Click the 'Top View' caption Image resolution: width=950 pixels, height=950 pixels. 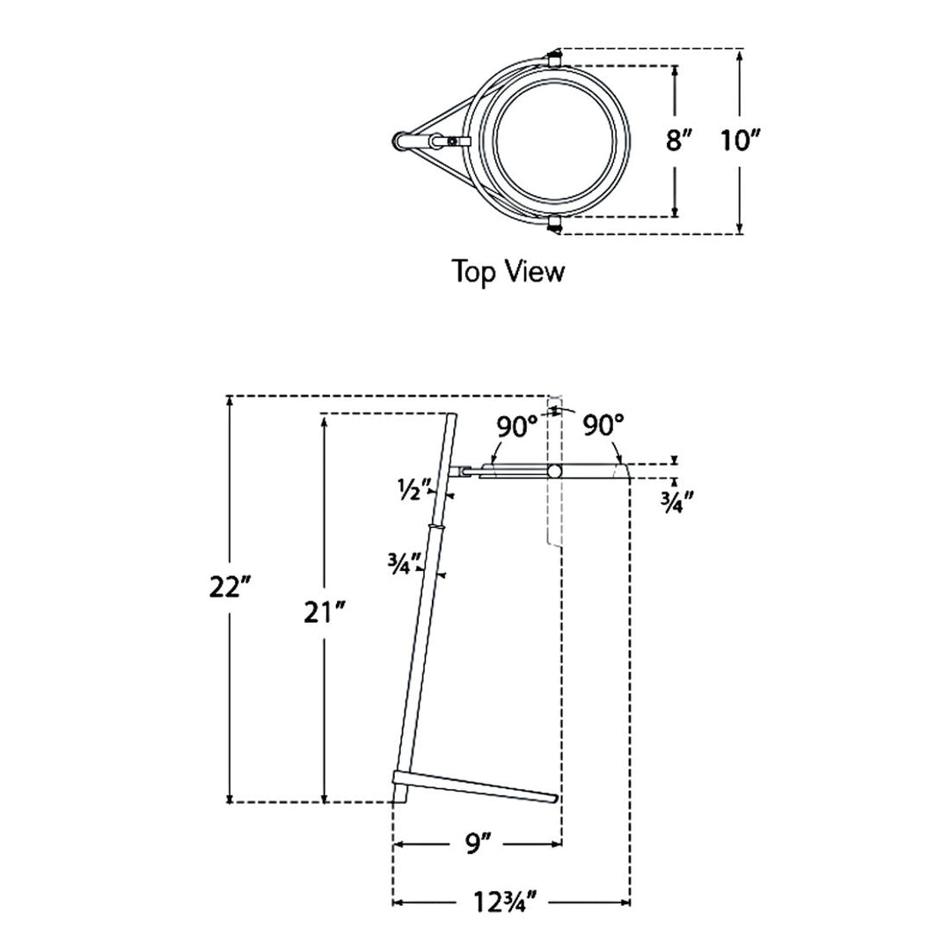(x=508, y=271)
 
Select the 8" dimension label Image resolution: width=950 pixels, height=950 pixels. (x=678, y=141)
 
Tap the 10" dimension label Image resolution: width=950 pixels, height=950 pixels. (x=739, y=141)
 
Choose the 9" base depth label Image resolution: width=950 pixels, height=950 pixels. (x=478, y=844)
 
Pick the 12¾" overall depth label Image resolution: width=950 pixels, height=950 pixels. (x=505, y=902)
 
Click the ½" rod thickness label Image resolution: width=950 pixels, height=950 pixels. (x=414, y=488)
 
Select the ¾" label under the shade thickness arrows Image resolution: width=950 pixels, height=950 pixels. (x=676, y=501)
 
